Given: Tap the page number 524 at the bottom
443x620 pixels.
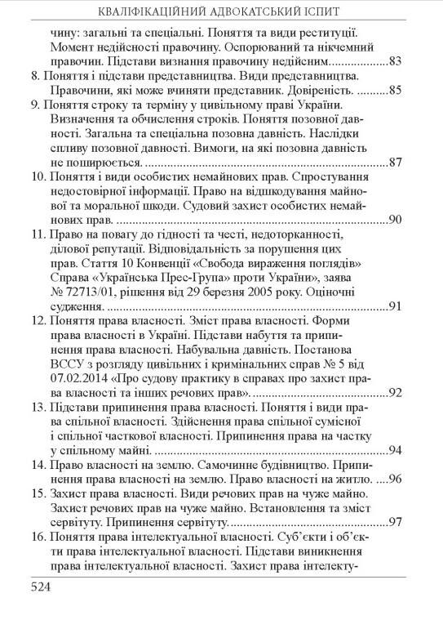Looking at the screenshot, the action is pos(43,586).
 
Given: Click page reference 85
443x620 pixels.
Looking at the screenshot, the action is pos(396,89).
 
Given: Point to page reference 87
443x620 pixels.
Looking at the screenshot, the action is pos(396,162).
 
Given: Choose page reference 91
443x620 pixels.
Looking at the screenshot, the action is pos(396,307).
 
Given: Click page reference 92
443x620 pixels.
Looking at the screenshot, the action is pos(396,393).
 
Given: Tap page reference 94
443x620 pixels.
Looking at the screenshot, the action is pos(396,451).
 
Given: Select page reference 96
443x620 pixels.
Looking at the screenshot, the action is pos(396,480).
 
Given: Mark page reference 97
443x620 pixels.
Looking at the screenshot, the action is pos(396,522).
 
